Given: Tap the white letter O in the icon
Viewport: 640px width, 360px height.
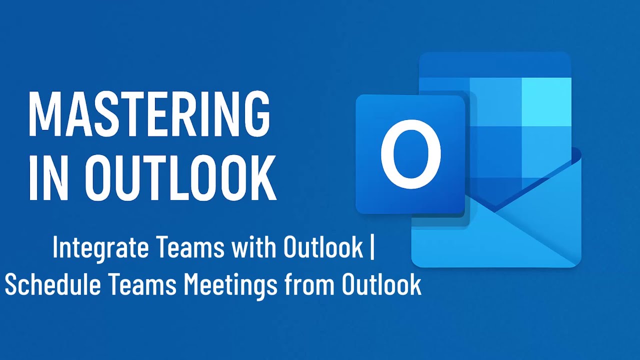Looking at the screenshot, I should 410,153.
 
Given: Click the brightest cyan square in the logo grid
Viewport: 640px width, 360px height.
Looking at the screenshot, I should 546,101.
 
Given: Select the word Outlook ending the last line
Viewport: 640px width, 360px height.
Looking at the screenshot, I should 381,285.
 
